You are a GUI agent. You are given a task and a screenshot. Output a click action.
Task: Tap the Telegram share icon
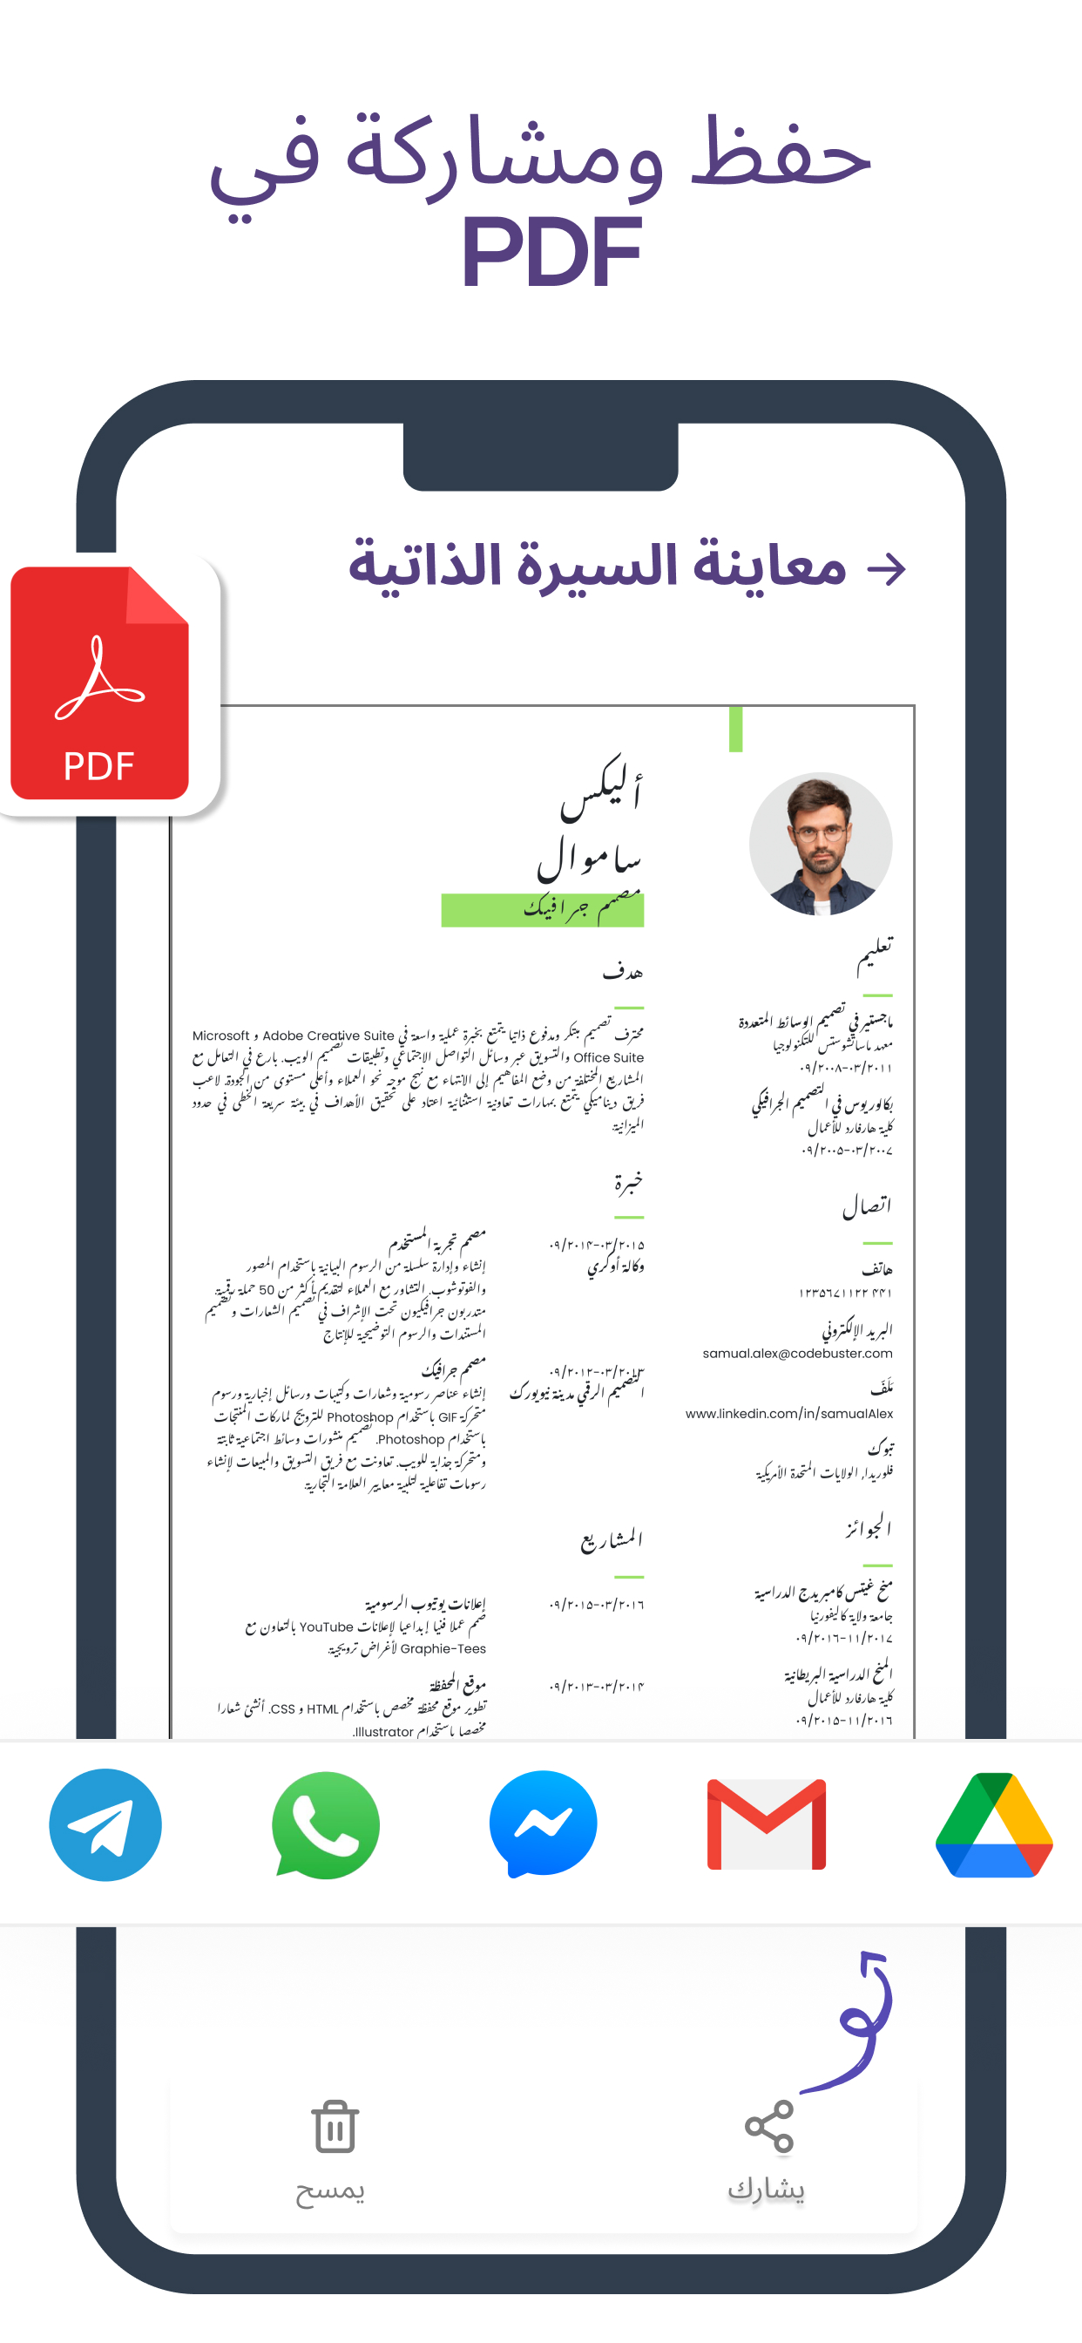point(105,1823)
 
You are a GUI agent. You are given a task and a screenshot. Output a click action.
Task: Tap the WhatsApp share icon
point(326,1823)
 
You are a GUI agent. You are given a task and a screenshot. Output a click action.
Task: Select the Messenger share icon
point(543,1823)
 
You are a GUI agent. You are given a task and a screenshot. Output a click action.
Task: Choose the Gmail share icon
point(767,1823)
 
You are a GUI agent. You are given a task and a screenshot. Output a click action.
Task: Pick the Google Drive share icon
point(994,1823)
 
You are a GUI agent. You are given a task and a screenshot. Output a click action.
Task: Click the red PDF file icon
point(100,683)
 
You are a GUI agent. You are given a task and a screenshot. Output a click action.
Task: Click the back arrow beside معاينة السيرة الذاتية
point(887,569)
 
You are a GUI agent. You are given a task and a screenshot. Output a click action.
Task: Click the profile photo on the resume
point(820,843)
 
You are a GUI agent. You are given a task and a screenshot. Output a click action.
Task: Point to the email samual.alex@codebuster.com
point(797,1354)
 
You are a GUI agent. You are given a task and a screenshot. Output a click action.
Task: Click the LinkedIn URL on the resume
point(789,1414)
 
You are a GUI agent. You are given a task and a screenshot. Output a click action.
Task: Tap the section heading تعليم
point(875,954)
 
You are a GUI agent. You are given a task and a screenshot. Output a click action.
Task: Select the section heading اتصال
point(867,1207)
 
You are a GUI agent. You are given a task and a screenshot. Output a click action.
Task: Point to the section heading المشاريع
point(612,1540)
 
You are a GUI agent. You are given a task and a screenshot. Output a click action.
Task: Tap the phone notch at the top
point(541,455)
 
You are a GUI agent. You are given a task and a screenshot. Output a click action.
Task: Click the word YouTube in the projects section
point(326,1627)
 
